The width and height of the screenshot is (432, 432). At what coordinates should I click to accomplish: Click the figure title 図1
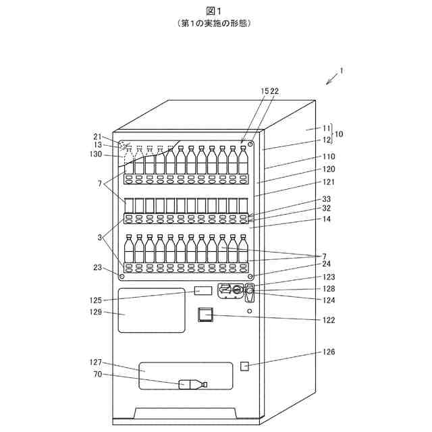coord(215,10)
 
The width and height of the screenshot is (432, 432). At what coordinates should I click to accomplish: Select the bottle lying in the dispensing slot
coord(193,385)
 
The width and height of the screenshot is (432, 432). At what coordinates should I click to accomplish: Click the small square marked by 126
coord(245,366)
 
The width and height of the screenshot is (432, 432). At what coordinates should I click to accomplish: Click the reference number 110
coord(329,156)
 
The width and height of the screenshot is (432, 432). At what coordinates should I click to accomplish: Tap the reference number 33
coord(327,199)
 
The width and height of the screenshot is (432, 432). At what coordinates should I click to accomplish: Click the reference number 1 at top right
coord(342,70)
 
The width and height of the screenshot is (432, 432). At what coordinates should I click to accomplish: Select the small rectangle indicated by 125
coord(202,290)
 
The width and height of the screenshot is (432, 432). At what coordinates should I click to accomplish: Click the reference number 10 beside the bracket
coord(339,134)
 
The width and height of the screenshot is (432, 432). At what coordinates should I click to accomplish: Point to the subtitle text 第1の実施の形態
coord(215,23)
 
